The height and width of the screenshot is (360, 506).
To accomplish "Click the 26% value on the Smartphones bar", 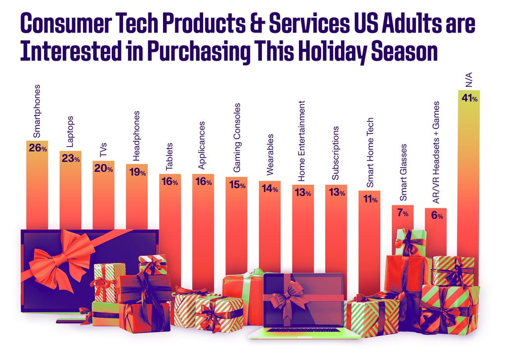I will coord(38,148).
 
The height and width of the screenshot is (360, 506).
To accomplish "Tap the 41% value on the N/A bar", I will coord(469,99).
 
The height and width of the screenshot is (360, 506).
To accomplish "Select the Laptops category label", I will coord(70,132).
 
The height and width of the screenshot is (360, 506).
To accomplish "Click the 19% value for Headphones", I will coord(136,172).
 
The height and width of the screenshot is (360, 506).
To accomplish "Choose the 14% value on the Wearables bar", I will coord(270,189).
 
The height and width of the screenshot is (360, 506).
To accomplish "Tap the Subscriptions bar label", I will coord(336,153).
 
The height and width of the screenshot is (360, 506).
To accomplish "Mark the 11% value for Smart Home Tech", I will coord(370,200).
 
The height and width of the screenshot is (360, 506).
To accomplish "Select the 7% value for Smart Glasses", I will coord(403,213).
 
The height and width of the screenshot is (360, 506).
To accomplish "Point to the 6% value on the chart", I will coord(436,215).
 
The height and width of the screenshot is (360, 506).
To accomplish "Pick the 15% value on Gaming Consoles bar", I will coord(237,184).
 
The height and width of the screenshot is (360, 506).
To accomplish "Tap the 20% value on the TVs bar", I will coord(103,168).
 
